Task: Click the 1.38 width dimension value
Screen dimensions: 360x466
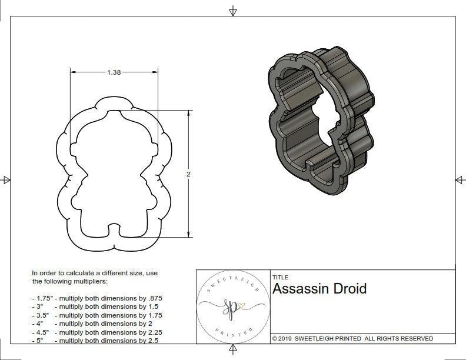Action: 114,72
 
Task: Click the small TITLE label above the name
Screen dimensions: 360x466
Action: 279,278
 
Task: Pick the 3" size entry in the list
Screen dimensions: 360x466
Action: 39,306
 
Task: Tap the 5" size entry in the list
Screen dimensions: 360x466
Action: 39,341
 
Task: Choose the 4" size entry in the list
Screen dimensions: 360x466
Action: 39,324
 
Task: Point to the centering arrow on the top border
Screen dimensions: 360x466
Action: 233,11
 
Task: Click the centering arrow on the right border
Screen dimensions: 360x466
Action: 458,179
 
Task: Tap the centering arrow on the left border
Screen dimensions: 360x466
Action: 6,179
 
